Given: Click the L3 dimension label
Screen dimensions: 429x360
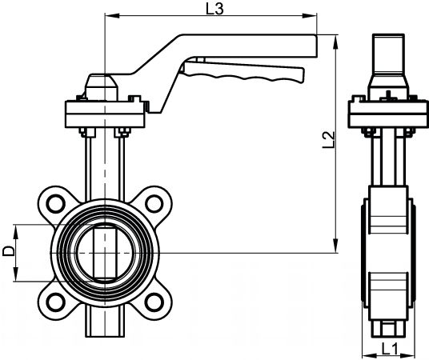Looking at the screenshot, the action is pos(214,9).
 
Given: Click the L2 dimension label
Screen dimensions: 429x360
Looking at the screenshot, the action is pos(329,140).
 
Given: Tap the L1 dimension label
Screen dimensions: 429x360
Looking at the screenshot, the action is pos(389,349).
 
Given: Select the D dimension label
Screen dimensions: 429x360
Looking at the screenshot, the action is pos(8,251).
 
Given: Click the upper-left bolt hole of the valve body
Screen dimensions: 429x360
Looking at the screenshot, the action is pos(55,204).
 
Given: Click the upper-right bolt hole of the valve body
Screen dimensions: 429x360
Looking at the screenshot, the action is pos(154,204).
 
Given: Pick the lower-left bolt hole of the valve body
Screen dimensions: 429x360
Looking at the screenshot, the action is pos(55,302).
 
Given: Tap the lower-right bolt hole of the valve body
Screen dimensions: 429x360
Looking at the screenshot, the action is pos(154,302).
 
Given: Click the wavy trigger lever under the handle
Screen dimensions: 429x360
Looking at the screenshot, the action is pos(243,72).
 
